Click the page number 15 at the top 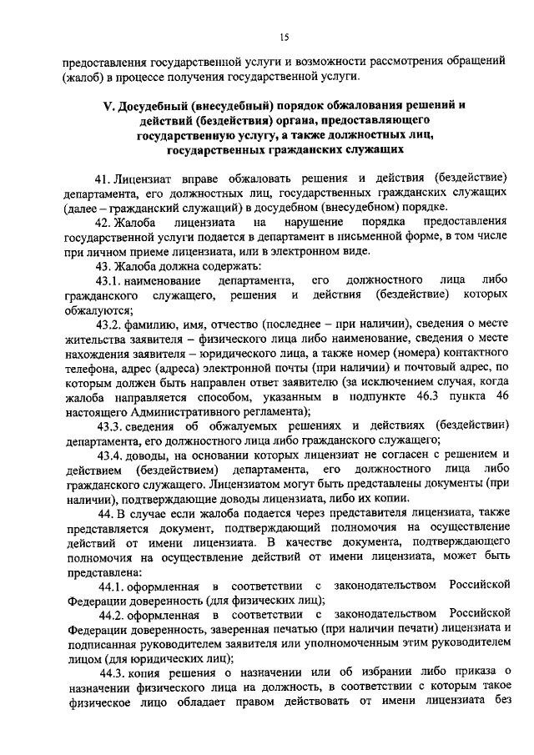[284, 37]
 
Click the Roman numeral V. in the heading [108, 106]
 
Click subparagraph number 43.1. [108, 280]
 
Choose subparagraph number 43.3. [108, 425]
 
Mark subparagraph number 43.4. [108, 455]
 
